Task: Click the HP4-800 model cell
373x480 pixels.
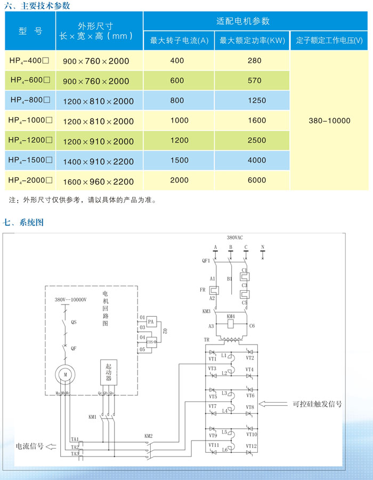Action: (x=30, y=100)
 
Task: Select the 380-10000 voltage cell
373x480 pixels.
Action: (x=329, y=121)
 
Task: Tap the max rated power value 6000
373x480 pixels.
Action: (x=255, y=180)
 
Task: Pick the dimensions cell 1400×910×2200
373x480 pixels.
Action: (x=99, y=161)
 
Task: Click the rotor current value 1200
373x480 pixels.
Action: (x=179, y=140)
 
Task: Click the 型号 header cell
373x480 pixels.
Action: (x=30, y=31)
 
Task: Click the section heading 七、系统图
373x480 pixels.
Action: (x=23, y=222)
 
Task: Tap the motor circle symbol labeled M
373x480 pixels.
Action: (x=66, y=375)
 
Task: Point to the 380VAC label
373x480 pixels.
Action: (x=235, y=237)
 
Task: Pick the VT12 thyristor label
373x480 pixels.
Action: (x=252, y=446)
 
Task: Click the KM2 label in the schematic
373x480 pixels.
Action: (x=148, y=436)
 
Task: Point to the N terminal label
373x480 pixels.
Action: (x=262, y=247)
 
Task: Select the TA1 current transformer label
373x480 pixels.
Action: (x=75, y=439)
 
